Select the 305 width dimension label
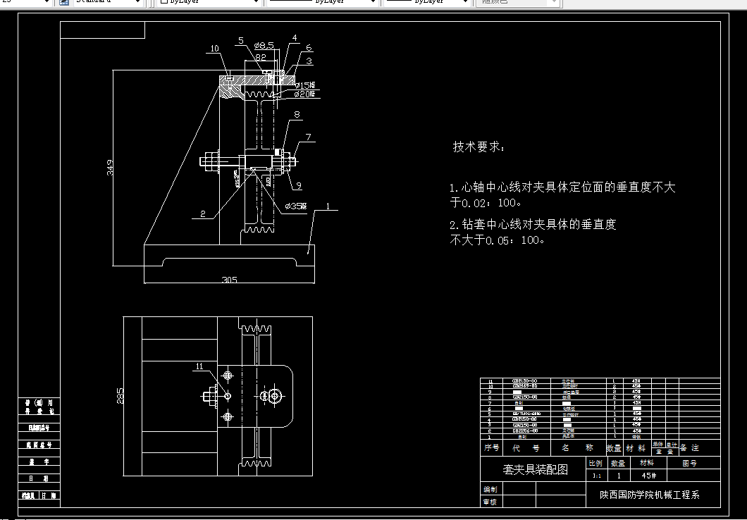229,280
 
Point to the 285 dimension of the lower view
120,396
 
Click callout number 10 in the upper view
214,49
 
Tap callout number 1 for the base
328,207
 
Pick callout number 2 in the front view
202,214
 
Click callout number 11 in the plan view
199,366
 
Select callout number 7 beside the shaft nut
308,137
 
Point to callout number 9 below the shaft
298,185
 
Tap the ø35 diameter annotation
295,206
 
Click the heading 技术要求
479,147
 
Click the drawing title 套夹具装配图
535,469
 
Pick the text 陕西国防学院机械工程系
644,495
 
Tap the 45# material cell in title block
646,475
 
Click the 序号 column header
491,447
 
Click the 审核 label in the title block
489,502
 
